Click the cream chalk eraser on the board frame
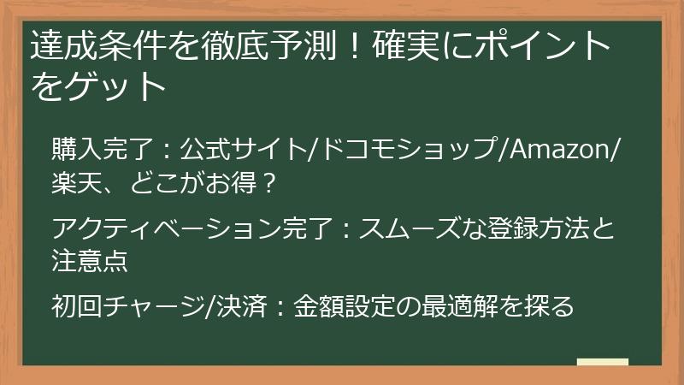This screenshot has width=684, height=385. [x=602, y=362]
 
